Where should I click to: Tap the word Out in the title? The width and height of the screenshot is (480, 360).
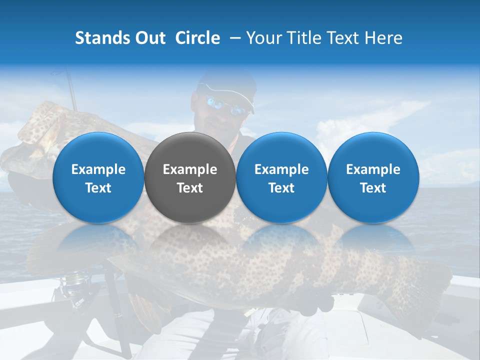(x=149, y=38)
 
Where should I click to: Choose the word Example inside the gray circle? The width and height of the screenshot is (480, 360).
(x=190, y=169)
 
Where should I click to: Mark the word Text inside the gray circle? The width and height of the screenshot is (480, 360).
(x=190, y=188)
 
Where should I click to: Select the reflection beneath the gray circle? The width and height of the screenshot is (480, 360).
(x=189, y=240)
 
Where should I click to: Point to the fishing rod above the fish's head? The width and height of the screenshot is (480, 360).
(x=72, y=90)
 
